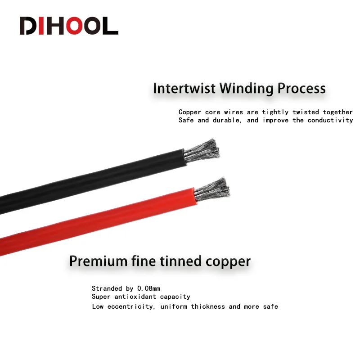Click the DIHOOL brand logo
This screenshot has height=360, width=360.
click(69, 26)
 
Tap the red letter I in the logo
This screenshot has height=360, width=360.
click(41, 26)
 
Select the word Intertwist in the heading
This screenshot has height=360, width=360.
click(184, 88)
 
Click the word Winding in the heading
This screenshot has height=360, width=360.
click(246, 89)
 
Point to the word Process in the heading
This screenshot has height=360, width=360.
click(301, 88)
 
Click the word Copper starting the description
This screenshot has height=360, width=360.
click(189, 112)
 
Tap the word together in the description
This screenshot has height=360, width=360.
click(338, 112)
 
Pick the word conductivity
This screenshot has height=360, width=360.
click(330, 120)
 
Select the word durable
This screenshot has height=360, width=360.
click(227, 120)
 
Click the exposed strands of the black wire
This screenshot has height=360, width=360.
click(202, 151)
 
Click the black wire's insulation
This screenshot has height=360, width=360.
click(92, 181)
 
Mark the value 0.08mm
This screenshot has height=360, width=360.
click(148, 288)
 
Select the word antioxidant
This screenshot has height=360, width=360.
click(135, 297)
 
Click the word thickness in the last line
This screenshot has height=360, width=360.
click(208, 306)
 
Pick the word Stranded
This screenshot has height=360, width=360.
click(107, 288)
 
